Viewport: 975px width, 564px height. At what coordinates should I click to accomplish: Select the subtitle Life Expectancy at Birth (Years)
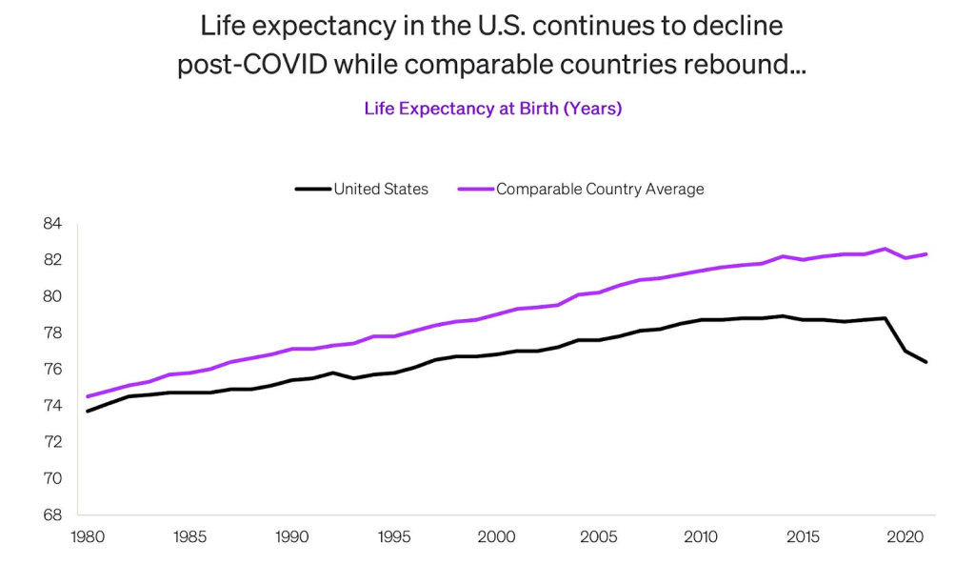(492, 109)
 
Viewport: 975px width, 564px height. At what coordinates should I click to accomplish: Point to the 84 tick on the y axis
(51, 224)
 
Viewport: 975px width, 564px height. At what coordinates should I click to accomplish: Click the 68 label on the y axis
(51, 515)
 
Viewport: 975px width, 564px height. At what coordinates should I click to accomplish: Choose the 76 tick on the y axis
(51, 370)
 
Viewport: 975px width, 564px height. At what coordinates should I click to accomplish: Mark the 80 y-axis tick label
(51, 296)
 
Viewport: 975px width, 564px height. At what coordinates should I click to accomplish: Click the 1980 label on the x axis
(88, 536)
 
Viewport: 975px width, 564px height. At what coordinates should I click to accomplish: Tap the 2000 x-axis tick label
(496, 536)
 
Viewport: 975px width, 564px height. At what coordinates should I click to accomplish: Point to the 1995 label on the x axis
(394, 536)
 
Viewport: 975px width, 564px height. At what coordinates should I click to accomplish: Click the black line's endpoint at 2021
(925, 362)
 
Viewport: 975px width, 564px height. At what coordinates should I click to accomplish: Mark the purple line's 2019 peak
(885, 249)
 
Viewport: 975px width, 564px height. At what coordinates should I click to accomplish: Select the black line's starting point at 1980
(88, 412)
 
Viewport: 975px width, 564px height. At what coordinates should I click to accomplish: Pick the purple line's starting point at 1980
(88, 396)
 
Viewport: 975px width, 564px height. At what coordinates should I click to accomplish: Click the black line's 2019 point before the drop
(885, 318)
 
